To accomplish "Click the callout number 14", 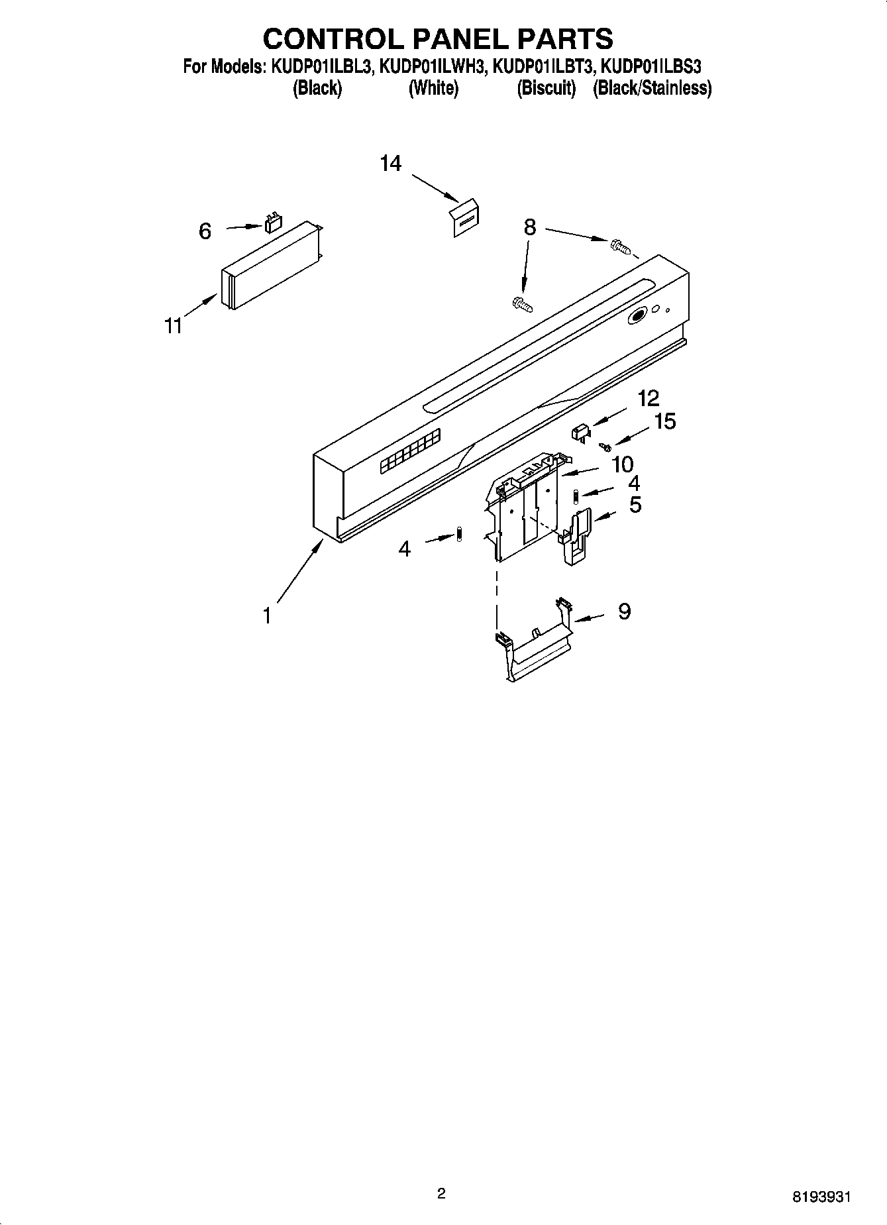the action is pyautogui.click(x=391, y=163).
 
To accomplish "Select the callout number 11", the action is pyautogui.click(x=174, y=326).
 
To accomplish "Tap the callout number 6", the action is pyautogui.click(x=205, y=231).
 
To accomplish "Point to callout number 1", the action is pyautogui.click(x=267, y=616).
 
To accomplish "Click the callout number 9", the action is pyautogui.click(x=624, y=611).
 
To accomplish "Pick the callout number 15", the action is pyautogui.click(x=664, y=421).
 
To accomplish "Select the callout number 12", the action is pyautogui.click(x=649, y=398).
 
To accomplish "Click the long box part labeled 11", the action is pyautogui.click(x=268, y=266).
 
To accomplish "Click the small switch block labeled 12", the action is pyautogui.click(x=580, y=433).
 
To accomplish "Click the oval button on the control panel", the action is pyautogui.click(x=637, y=317).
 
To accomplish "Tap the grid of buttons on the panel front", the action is pyautogui.click(x=410, y=453).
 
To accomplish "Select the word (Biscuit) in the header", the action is pyautogui.click(x=547, y=87).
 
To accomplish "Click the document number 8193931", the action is pyautogui.click(x=821, y=1197).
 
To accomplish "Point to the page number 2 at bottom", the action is pyautogui.click(x=441, y=1194).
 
